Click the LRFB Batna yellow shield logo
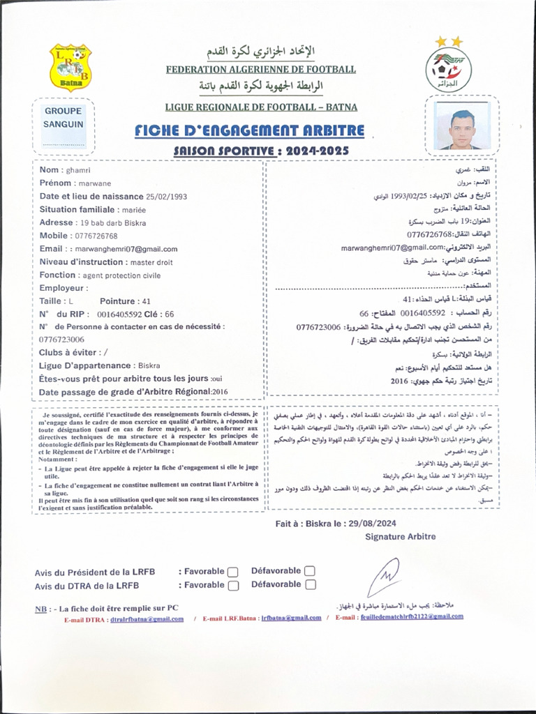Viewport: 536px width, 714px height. pyautogui.click(x=70, y=66)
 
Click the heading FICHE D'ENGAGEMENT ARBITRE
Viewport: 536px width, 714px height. pyautogui.click(x=250, y=131)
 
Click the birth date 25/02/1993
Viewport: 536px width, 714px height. pyautogui.click(x=167, y=197)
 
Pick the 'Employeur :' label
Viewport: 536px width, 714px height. pyautogui.click(x=64, y=288)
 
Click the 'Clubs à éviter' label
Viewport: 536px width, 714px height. pyautogui.click(x=68, y=352)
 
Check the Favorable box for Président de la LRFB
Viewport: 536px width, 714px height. pyautogui.click(x=233, y=572)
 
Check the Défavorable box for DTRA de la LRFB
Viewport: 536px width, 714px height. pyautogui.click(x=311, y=585)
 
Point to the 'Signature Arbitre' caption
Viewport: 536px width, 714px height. pyautogui.click(x=400, y=536)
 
